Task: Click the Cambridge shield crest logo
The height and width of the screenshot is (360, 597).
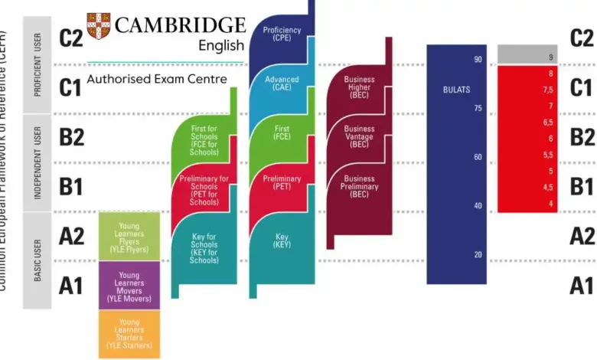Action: point(98,27)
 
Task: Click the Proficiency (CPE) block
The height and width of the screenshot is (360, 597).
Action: point(282,34)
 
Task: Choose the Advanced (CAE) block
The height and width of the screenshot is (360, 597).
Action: point(282,83)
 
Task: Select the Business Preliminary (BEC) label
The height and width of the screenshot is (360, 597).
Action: point(359,186)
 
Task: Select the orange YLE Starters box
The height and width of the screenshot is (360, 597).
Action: point(129,334)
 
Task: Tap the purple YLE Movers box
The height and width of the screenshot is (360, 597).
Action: point(129,285)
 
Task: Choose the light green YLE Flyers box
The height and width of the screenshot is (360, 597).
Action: point(129,236)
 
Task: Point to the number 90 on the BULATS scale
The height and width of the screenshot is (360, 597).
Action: point(478,60)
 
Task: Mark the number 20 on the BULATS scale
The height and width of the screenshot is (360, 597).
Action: point(478,255)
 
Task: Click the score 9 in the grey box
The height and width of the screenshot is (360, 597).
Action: point(550,57)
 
